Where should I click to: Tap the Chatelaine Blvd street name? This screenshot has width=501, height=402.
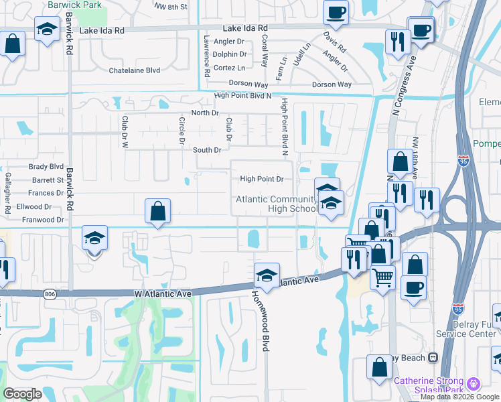pos(135,70)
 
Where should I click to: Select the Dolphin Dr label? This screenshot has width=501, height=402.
pos(229,54)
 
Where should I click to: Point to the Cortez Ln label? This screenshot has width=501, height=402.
pos(229,68)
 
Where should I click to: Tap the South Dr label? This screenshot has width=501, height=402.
pos(207,150)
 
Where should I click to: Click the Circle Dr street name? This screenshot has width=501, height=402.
pos(182,131)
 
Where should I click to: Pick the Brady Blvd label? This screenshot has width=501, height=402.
pos(46,167)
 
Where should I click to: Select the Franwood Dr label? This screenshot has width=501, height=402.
pos(42,219)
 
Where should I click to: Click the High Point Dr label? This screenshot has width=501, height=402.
pos(262,179)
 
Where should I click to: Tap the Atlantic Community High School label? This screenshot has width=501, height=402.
pos(276,204)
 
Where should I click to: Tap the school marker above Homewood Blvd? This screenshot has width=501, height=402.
pos(267,275)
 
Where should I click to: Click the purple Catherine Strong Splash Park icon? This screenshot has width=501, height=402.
pos(474,384)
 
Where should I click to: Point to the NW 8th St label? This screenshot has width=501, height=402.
pos(171,6)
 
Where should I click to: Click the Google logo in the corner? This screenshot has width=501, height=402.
pos(23,394)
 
